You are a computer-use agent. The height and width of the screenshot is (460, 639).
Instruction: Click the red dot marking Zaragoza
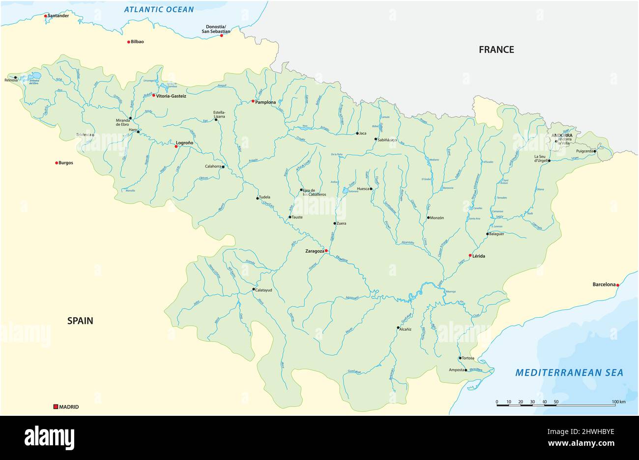pyautogui.click(x=326, y=251)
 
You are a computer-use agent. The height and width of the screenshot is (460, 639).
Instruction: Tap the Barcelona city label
pyautogui.click(x=604, y=285)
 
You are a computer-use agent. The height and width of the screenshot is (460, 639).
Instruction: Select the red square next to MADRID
pyautogui.click(x=56, y=406)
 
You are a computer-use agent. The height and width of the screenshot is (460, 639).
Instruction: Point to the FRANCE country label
pyautogui.click(x=496, y=50)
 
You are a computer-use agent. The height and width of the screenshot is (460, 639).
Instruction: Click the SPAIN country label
pyautogui.click(x=80, y=321)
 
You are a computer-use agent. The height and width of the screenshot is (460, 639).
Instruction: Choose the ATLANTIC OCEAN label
pyautogui.click(x=159, y=9)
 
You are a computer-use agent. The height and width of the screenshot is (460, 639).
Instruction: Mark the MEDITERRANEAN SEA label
pyautogui.click(x=569, y=373)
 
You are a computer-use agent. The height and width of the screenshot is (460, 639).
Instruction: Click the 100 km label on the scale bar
pyautogui.click(x=619, y=402)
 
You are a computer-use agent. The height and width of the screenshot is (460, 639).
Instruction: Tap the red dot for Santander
pyautogui.click(x=46, y=16)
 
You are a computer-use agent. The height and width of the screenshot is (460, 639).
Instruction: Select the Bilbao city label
pyautogui.click(x=138, y=42)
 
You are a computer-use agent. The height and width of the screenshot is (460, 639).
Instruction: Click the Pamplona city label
pyautogui.click(x=265, y=102)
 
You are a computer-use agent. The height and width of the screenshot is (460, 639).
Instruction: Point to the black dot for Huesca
pyautogui.click(x=371, y=189)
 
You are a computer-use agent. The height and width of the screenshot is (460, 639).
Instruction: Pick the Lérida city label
pyautogui.click(x=483, y=256)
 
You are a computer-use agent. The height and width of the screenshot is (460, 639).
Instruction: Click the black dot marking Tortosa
pyautogui.click(x=460, y=358)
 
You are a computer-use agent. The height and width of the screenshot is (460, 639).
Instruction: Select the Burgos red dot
pyautogui.click(x=57, y=163)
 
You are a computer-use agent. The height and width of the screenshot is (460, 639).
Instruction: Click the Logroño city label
pyautogui.click(x=184, y=143)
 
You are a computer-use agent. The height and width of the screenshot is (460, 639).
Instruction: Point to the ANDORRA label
pyautogui.click(x=561, y=135)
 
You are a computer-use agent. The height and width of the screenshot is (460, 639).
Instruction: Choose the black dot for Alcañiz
pyautogui.click(x=398, y=327)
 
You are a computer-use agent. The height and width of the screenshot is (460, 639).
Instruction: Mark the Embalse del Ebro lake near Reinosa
pyautogui.click(x=34, y=76)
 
